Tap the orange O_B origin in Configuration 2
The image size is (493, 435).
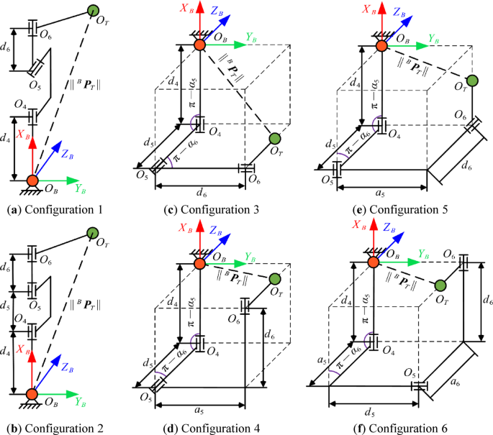32,394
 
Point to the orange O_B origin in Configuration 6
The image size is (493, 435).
373,262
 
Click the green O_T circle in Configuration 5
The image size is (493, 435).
472,81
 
